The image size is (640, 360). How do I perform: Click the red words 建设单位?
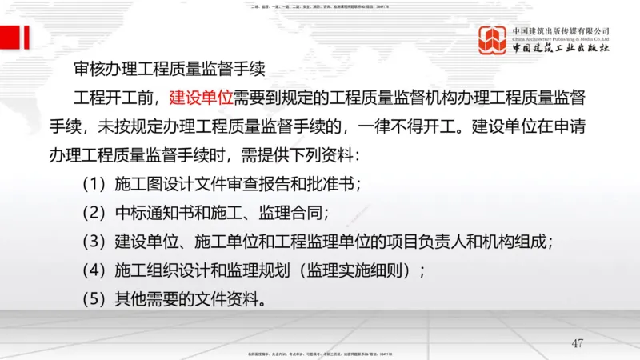(x=201, y=98)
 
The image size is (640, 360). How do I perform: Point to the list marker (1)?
(x=94, y=184)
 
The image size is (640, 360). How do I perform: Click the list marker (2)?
(x=94, y=213)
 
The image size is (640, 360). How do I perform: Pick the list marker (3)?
(x=94, y=241)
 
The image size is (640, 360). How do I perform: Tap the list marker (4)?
(x=94, y=270)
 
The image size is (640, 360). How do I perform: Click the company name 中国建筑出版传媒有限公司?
(x=560, y=30)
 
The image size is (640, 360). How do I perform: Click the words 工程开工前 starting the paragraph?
(x=113, y=98)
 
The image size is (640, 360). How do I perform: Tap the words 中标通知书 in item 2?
(x=154, y=213)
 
